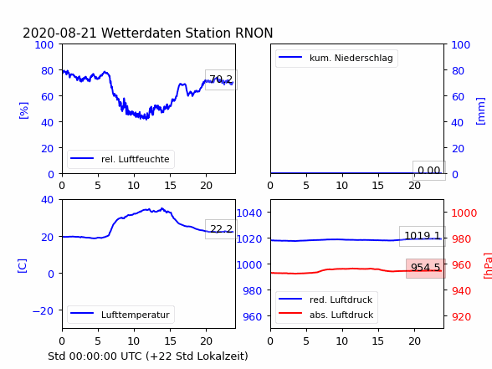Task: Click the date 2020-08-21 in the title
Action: coord(59,33)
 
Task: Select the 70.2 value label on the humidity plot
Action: coord(221,79)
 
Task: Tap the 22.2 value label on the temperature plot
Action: coord(221,229)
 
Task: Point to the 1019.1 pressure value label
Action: coord(423,236)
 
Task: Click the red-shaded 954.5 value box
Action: coord(425,269)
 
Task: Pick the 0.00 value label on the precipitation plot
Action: coord(429,171)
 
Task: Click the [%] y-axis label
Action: coord(23,110)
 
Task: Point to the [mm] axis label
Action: coord(480,111)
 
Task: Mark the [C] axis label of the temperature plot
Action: coord(23,266)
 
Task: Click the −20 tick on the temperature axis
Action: coord(43,310)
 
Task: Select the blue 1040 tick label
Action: coord(249,213)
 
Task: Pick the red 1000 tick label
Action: coord(464,213)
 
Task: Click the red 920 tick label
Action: coord(462,316)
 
